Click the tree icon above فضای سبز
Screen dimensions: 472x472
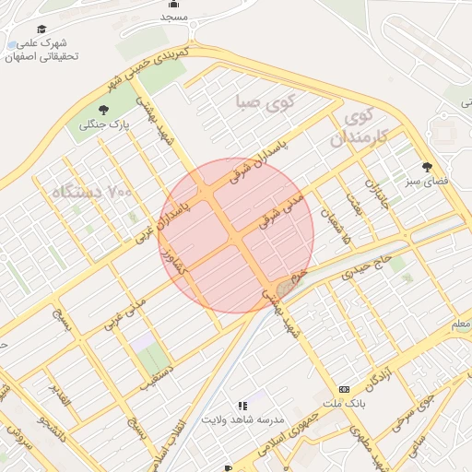coord(427,167)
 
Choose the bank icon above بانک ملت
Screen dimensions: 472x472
coord(345,389)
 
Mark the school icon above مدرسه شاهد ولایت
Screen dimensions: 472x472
coord(242,405)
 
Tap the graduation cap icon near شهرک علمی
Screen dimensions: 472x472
coord(41,29)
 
